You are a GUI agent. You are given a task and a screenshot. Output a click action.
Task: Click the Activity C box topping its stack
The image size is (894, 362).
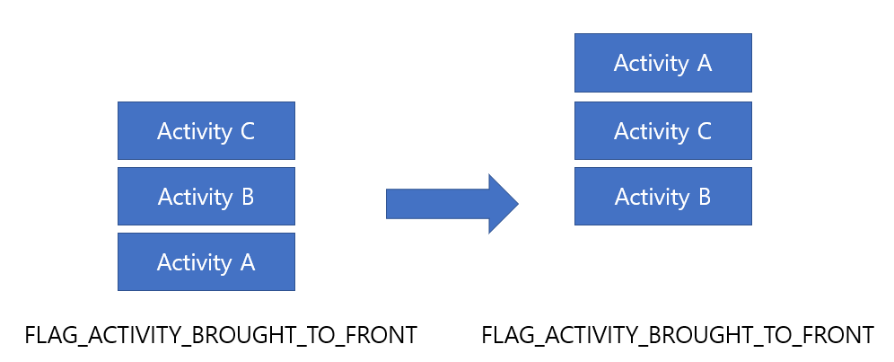click(x=206, y=131)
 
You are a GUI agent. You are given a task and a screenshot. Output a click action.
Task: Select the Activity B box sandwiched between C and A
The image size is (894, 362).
click(x=206, y=197)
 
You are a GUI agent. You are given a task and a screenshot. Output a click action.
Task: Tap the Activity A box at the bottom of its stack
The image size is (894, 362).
click(x=206, y=262)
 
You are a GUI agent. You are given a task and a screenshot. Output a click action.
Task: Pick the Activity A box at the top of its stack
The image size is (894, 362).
click(x=663, y=63)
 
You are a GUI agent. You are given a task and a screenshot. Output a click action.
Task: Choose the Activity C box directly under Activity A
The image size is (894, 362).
click(x=663, y=131)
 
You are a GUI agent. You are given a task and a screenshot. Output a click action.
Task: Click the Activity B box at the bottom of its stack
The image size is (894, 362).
click(x=663, y=197)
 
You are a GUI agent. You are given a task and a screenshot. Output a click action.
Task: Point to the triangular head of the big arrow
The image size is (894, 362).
click(x=503, y=204)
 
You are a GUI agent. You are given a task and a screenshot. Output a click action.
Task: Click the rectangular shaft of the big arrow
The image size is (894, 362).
click(x=437, y=204)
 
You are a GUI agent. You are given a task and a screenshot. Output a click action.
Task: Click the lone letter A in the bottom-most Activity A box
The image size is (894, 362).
click(x=247, y=262)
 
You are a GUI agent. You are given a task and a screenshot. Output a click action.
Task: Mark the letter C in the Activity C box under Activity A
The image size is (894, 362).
click(x=704, y=131)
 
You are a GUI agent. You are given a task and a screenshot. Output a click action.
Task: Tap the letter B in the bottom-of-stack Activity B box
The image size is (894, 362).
click(x=704, y=197)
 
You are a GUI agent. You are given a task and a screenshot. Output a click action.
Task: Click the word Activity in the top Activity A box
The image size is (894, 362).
click(x=651, y=64)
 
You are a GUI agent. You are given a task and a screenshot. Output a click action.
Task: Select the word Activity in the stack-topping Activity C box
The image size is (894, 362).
click(x=195, y=132)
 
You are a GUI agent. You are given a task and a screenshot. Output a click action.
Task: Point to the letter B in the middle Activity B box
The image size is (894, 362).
click(x=247, y=197)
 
